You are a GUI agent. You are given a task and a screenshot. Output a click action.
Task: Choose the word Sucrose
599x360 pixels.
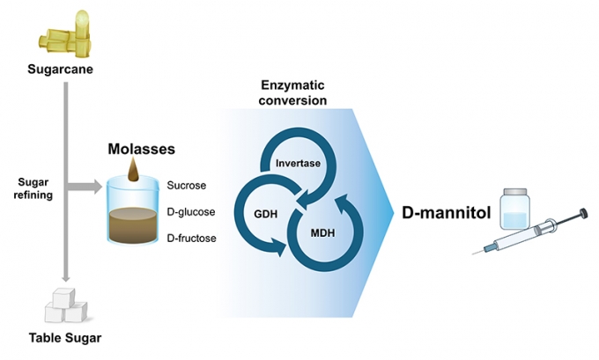tap(186, 186)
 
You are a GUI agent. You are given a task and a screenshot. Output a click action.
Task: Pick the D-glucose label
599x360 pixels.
tap(191, 212)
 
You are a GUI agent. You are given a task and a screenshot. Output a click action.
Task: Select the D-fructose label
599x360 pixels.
tap(192, 239)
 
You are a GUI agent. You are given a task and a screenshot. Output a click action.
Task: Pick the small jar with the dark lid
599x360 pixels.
tap(515, 211)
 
